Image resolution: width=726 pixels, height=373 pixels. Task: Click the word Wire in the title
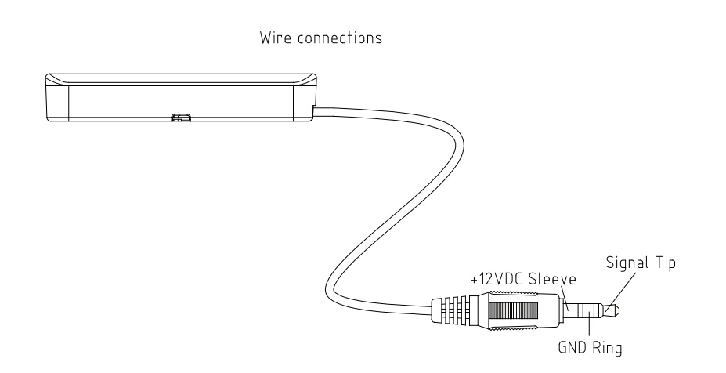[x=276, y=38]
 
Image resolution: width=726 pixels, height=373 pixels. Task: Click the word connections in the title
[x=340, y=38]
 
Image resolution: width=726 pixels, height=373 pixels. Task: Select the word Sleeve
[x=552, y=279]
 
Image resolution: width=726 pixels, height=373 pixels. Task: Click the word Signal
[x=627, y=263]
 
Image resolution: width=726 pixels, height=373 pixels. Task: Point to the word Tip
[x=666, y=263]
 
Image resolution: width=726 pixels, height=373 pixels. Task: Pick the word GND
[x=572, y=347]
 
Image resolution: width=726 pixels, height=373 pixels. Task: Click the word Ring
[x=606, y=348]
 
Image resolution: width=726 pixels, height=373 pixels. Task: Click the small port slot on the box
[x=181, y=118]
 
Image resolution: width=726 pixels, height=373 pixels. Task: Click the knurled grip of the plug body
[x=514, y=310]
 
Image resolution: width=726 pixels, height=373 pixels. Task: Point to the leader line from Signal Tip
[x=620, y=291]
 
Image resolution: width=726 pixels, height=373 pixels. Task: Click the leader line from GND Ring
[x=589, y=324]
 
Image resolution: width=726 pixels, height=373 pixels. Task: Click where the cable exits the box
[x=314, y=111]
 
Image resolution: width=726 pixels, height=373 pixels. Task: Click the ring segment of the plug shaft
[x=587, y=310]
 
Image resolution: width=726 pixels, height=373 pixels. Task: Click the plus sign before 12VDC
[x=474, y=281]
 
